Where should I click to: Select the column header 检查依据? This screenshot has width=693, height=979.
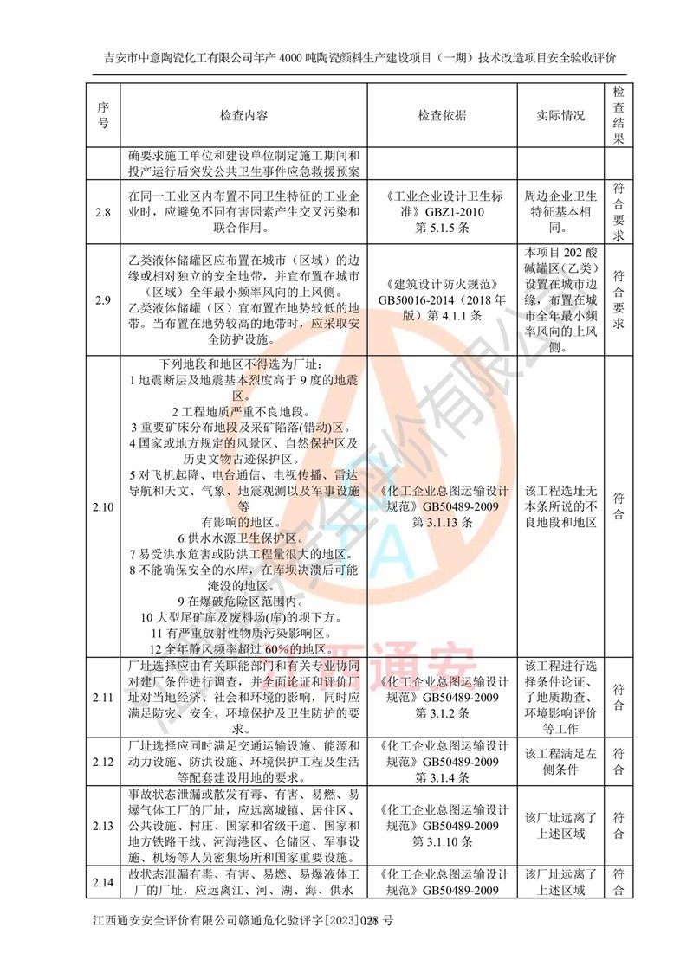coord(442,115)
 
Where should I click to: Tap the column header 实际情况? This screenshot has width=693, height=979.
coord(560,115)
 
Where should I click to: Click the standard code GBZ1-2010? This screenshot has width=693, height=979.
coord(442,212)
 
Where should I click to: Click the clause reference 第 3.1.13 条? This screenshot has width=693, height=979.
coord(442,523)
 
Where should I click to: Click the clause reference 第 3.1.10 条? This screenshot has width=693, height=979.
coord(442,841)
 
